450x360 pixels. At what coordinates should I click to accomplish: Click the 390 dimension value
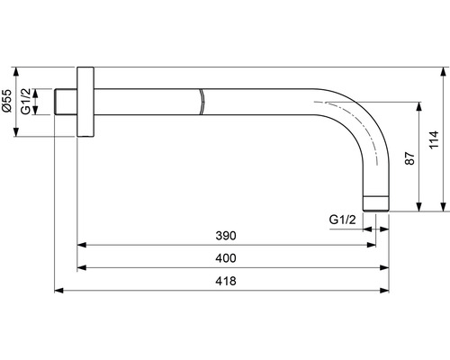coord(226,236)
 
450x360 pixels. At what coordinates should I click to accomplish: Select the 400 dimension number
coord(226,258)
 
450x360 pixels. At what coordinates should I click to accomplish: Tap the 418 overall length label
coord(226,281)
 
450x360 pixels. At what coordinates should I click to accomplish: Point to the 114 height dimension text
coord(434,139)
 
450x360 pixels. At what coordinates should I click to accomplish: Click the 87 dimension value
coord(409,158)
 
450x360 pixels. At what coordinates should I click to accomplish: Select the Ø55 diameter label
coord(7,101)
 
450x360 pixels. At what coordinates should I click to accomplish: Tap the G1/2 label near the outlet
coord(342,220)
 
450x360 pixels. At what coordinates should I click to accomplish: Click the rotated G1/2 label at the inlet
coord(26,102)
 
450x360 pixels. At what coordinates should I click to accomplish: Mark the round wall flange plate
coord(85,102)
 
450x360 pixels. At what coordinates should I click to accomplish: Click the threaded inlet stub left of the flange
coord(66,102)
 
